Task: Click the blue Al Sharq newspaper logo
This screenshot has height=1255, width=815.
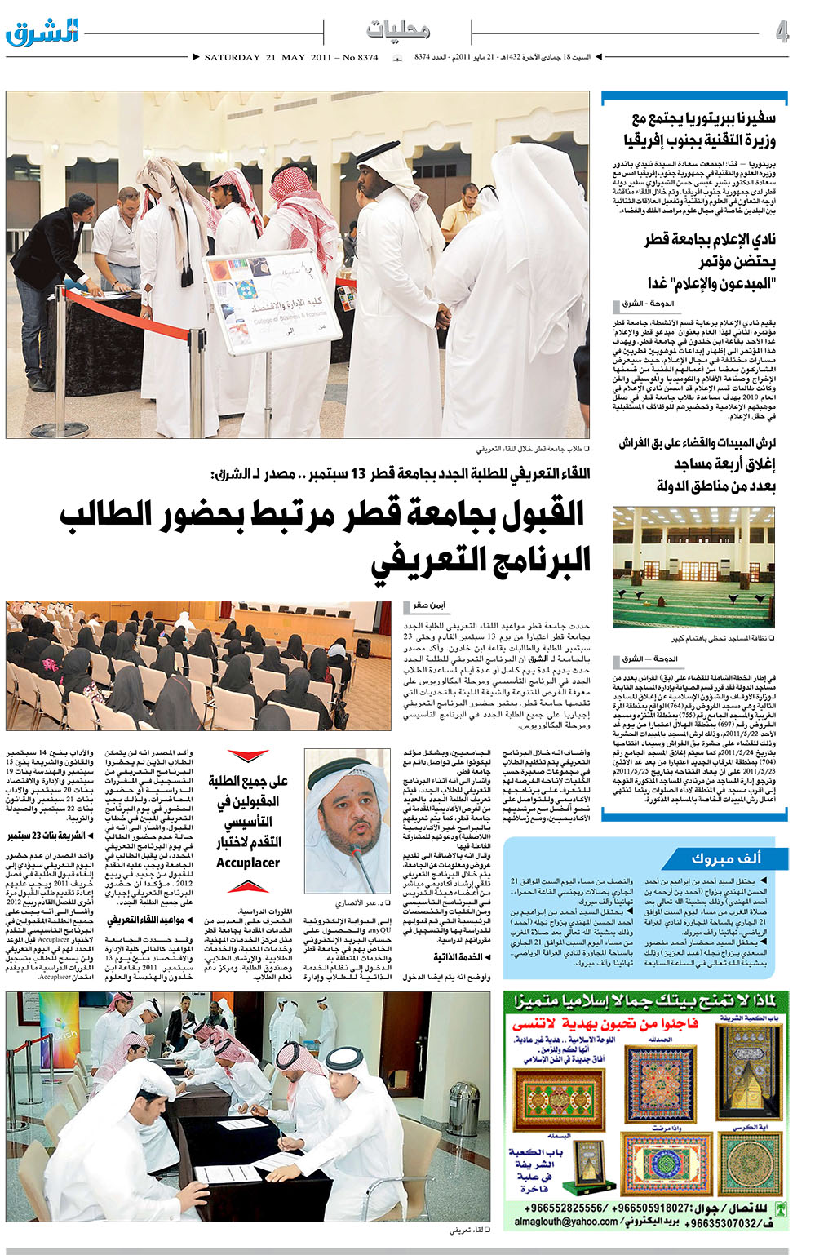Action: [42, 32]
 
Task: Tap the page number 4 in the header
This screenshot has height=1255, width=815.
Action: [782, 32]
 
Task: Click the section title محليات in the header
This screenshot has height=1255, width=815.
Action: [398, 30]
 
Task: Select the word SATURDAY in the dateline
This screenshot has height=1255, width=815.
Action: [232, 58]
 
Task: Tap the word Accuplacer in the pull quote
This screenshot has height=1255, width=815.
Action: [248, 863]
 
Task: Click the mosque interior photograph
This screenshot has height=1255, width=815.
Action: [693, 567]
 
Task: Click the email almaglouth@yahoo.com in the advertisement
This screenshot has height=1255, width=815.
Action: [566, 1222]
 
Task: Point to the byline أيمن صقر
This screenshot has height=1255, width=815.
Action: [428, 606]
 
